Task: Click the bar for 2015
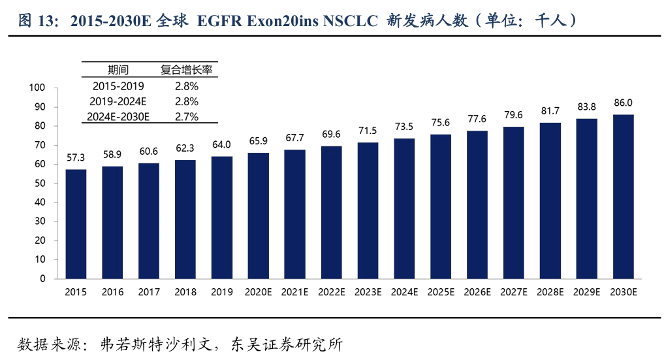click(76, 223)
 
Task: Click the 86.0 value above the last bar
click(623, 103)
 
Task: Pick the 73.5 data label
click(404, 127)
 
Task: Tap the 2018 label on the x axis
click(185, 293)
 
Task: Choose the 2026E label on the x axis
click(477, 293)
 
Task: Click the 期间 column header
click(118, 70)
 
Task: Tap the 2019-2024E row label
click(118, 101)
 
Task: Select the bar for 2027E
click(513, 202)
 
